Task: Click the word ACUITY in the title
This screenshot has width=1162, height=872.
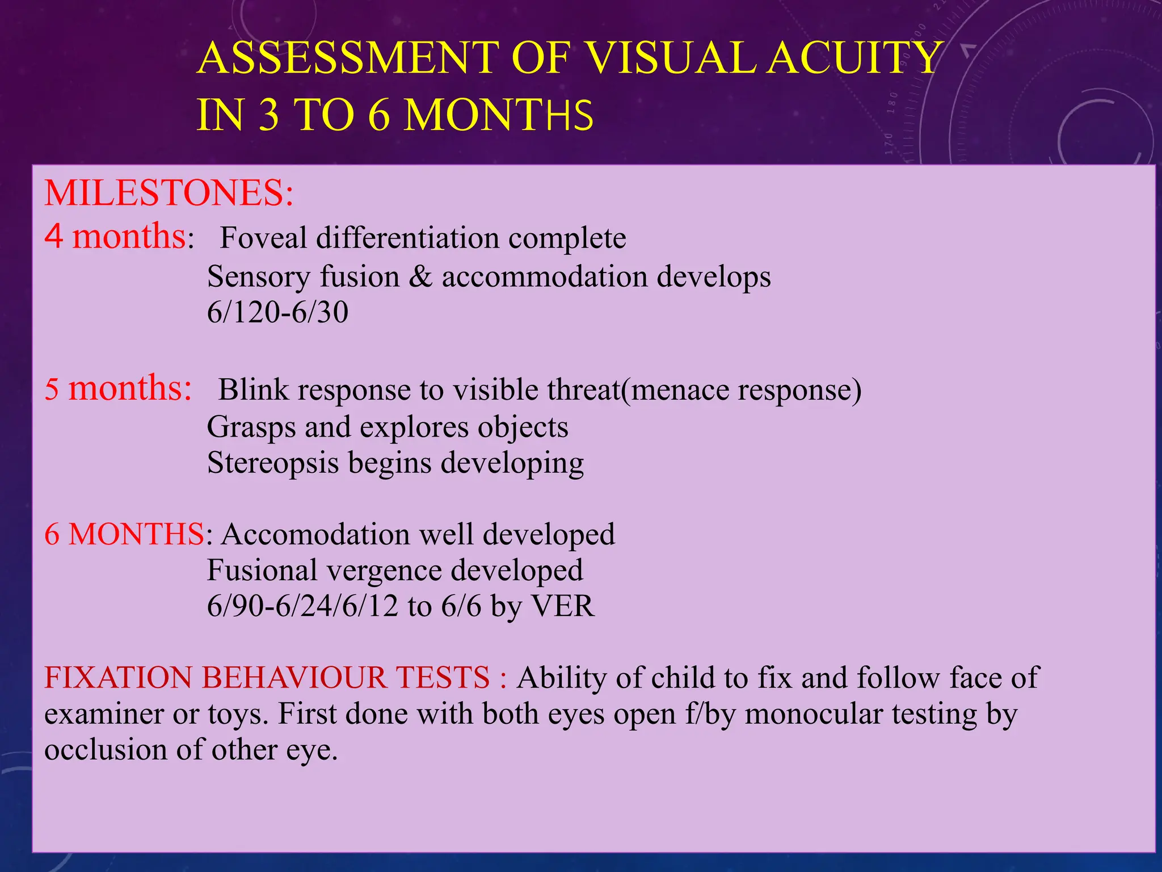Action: pyautogui.click(x=853, y=58)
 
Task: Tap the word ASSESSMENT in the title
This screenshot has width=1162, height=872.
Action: pyautogui.click(x=347, y=58)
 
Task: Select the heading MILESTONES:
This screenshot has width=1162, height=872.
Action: pyautogui.click(x=169, y=193)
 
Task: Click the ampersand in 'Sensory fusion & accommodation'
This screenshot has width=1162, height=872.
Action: pyautogui.click(x=420, y=277)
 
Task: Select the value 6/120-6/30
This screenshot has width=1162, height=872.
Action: pyautogui.click(x=277, y=313)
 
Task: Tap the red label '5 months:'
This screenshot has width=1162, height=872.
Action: pyautogui.click(x=118, y=389)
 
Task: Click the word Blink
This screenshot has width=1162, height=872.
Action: pyautogui.click(x=254, y=390)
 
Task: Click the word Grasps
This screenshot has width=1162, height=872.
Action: pyautogui.click(x=251, y=427)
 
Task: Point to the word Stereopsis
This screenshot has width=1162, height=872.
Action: pyautogui.click(x=273, y=463)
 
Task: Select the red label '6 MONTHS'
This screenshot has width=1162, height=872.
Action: pyautogui.click(x=124, y=535)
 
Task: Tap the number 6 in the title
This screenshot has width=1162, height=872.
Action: pyautogui.click(x=379, y=115)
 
